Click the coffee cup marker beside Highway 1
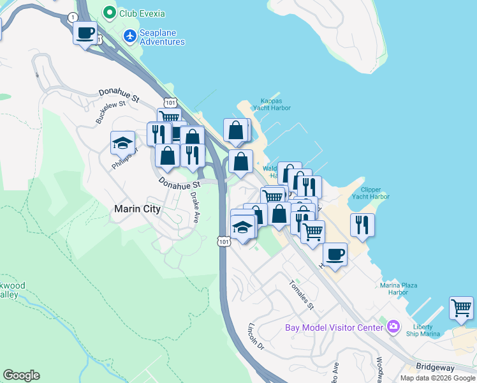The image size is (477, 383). click(85, 33)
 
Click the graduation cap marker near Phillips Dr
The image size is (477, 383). click(122, 143)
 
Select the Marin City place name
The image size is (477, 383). click(136, 209)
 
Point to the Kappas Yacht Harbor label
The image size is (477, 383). click(275, 104)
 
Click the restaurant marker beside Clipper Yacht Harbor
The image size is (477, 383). click(362, 224)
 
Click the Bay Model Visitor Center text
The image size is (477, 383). click(334, 328)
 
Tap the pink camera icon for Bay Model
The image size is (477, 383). click(393, 327)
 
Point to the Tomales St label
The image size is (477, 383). click(302, 294)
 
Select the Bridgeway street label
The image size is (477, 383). click(436, 367)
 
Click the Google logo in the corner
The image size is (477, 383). click(21, 375)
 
